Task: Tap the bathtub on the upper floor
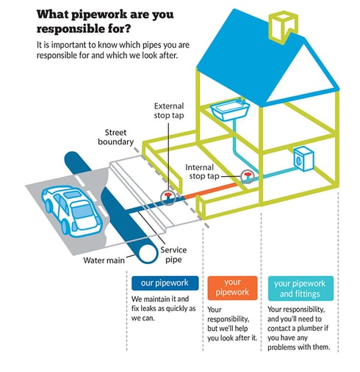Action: click(230, 109)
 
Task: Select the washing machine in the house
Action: click(303, 158)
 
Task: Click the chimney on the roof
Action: click(283, 26)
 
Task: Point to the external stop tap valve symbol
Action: click(168, 197)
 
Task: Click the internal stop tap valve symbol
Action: click(247, 176)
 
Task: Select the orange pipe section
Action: click(211, 190)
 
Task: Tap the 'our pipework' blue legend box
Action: click(165, 283)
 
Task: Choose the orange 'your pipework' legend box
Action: click(232, 288)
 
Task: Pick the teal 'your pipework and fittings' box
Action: click(300, 288)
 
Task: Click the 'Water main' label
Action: click(104, 260)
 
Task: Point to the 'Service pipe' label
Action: click(173, 255)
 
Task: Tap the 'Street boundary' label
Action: click(115, 137)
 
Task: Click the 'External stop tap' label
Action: click(169, 111)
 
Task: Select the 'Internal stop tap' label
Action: click(202, 172)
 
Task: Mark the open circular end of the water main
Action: click(148, 254)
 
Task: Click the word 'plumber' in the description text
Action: click(309, 328)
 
